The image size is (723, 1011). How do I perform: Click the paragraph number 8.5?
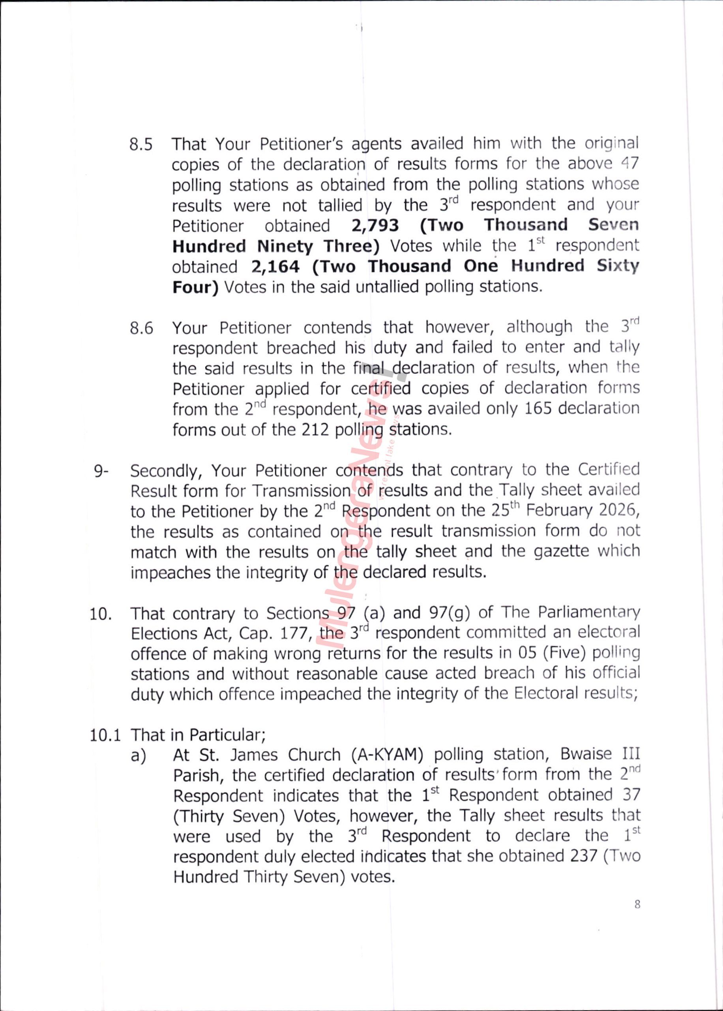point(141,145)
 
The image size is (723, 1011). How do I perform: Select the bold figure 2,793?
point(375,226)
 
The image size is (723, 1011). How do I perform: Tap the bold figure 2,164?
point(275,267)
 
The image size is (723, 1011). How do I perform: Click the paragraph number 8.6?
point(141,329)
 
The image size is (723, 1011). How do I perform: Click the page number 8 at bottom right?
point(637,904)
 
